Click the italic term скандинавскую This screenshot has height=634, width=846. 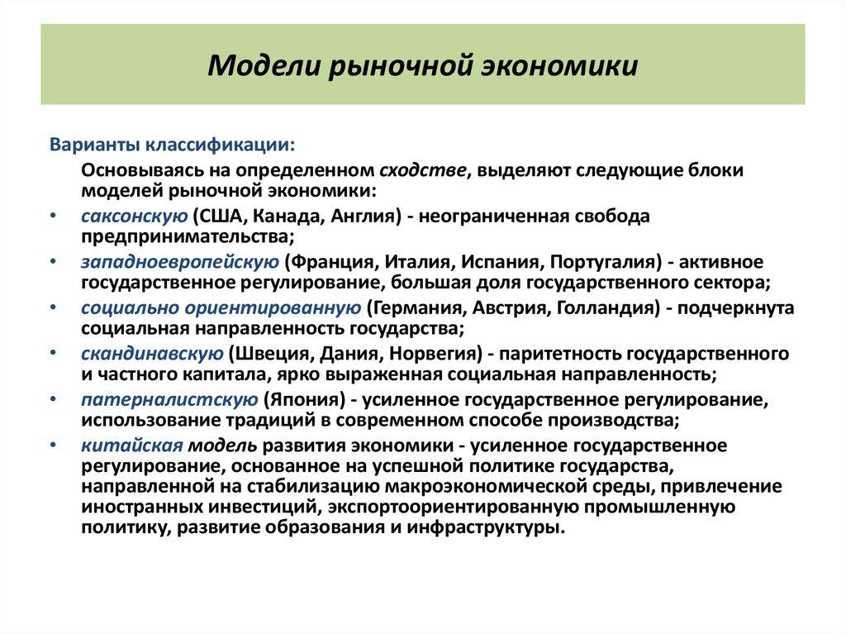click(152, 355)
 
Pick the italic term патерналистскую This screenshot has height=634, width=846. click(169, 401)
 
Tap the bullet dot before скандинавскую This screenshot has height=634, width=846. click(53, 355)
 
